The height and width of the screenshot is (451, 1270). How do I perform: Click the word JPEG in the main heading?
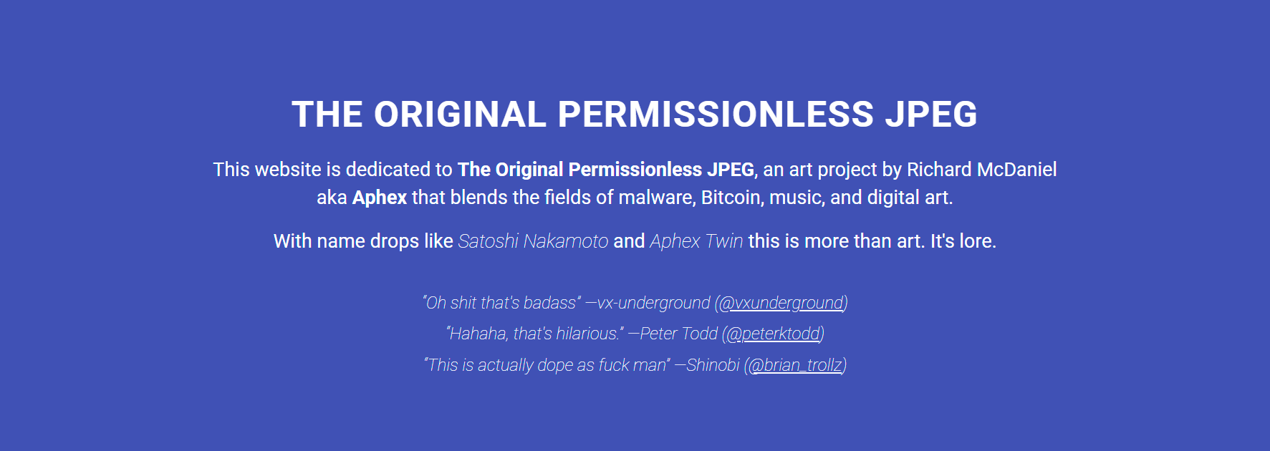point(931,115)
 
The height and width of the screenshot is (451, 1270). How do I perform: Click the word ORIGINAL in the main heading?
point(460,115)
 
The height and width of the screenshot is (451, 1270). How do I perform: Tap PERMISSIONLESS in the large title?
point(716,115)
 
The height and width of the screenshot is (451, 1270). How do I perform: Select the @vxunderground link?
point(781,304)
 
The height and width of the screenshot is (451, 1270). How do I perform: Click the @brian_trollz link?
point(795,365)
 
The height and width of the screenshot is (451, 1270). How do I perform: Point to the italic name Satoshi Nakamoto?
point(533,241)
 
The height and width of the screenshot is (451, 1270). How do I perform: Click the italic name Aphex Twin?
point(696,241)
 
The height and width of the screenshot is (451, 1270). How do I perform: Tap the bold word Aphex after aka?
point(380,198)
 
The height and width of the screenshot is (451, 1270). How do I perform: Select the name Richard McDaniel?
point(981,170)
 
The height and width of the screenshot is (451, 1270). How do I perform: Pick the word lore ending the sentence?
point(977,241)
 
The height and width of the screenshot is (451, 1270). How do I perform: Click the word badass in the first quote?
point(550,304)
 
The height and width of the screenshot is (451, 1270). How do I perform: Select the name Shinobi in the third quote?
point(713,365)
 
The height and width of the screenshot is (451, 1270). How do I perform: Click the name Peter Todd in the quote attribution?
point(678,334)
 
